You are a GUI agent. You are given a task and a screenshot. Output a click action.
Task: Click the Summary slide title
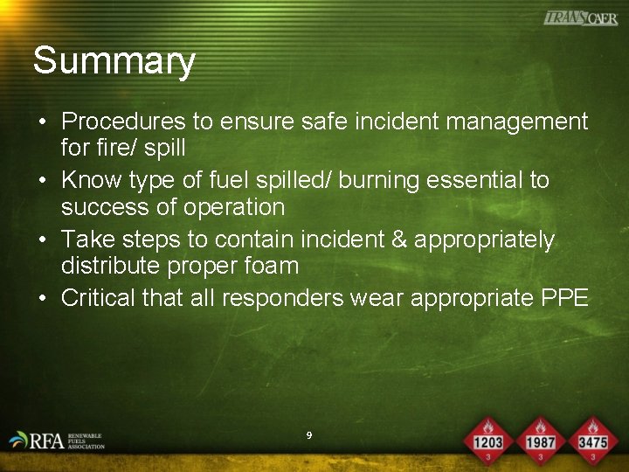[114, 62]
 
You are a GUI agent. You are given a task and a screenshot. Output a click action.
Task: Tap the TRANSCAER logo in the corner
[580, 18]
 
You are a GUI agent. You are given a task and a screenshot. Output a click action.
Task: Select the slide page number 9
[309, 434]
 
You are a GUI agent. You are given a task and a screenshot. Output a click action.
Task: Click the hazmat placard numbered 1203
[487, 439]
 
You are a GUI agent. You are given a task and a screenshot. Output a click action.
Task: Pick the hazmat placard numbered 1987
[541, 439]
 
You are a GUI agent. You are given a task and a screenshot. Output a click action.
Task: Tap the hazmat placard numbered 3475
[592, 439]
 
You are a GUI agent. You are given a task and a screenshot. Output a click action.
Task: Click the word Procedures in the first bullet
[123, 121]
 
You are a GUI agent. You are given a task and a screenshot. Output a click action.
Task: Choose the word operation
[237, 207]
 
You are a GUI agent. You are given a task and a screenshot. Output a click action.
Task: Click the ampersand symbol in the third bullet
[396, 239]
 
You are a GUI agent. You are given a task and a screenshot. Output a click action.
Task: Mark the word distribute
[109, 266]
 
